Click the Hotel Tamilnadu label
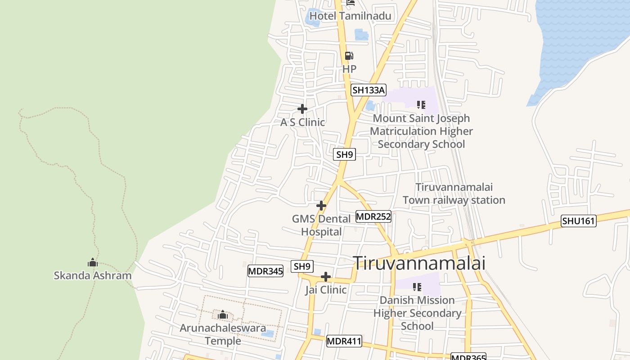(x=351, y=16)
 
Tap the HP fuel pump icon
(x=349, y=56)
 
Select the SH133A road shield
(x=369, y=90)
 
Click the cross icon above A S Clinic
(x=302, y=109)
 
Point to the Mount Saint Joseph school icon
(x=421, y=105)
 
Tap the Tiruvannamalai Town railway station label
(x=454, y=193)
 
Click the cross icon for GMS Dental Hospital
(x=321, y=206)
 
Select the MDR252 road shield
(x=373, y=216)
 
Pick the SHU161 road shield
(x=578, y=221)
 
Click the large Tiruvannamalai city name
(x=419, y=263)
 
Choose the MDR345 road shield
(x=265, y=271)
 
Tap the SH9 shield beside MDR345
(x=302, y=266)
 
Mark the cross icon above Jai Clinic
(x=326, y=277)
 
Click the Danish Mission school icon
(x=417, y=287)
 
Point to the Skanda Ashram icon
(x=93, y=262)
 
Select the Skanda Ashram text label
(x=93, y=275)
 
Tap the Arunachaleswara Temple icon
(x=223, y=315)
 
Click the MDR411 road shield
(x=344, y=341)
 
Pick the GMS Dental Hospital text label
(x=321, y=225)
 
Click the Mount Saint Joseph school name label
(x=421, y=131)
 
